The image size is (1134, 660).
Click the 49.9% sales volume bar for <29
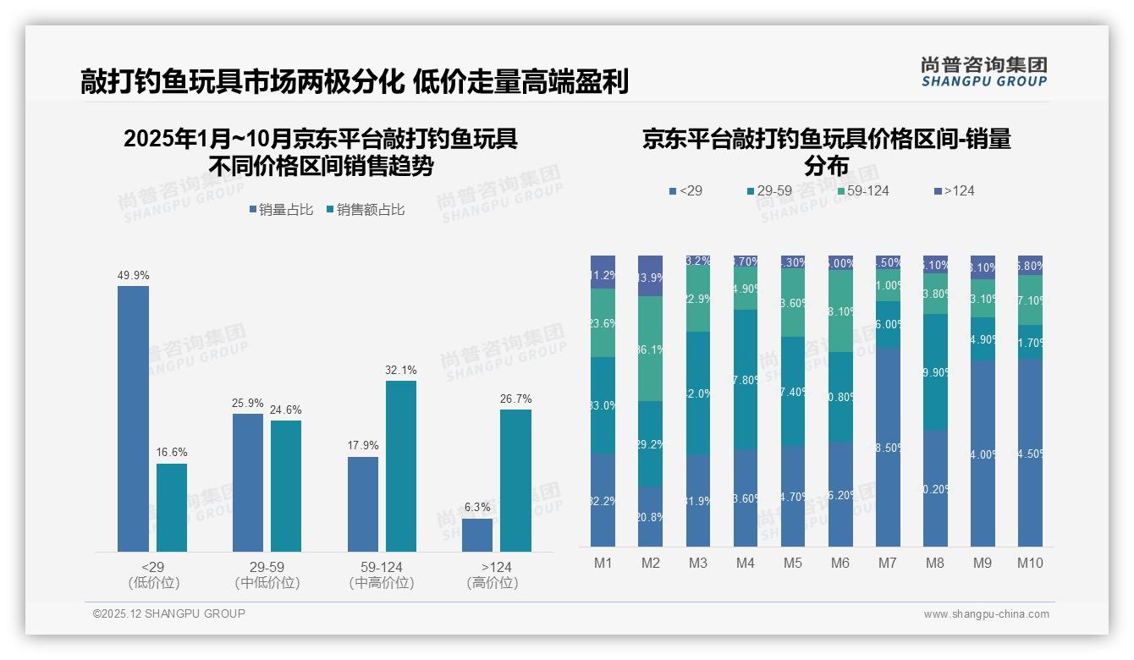(133, 419)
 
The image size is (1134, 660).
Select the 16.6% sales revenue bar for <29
(172, 508)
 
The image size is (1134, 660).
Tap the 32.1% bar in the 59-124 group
(401, 466)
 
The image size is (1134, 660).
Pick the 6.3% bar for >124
(477, 535)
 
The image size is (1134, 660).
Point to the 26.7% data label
(515, 399)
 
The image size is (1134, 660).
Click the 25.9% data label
(248, 403)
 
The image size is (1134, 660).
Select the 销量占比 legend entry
(281, 210)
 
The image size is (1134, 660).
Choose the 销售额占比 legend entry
(365, 210)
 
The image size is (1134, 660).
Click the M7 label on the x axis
(888, 563)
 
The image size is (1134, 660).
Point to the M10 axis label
(1030, 563)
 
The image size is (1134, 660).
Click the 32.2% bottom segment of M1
(603, 500)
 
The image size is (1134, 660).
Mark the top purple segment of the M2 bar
(650, 276)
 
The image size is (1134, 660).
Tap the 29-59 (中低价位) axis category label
(267, 575)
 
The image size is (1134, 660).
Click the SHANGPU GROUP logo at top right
(983, 72)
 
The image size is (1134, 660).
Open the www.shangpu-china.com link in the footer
(986, 614)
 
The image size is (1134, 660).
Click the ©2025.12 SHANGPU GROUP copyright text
(169, 613)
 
